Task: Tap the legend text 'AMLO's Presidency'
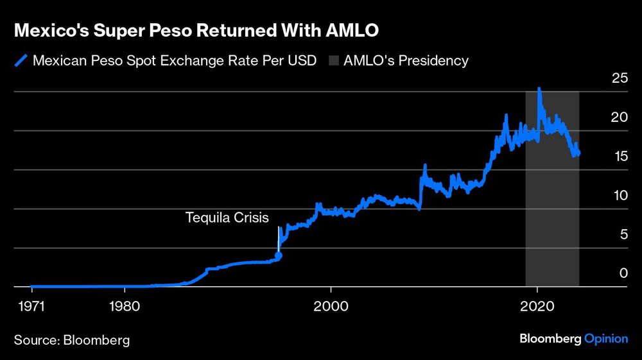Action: [x=406, y=61]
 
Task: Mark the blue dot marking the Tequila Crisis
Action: [x=279, y=255]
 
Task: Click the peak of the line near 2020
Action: [x=539, y=89]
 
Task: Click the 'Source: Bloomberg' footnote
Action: [x=72, y=340]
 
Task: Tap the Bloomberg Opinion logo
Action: [x=573, y=339]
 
